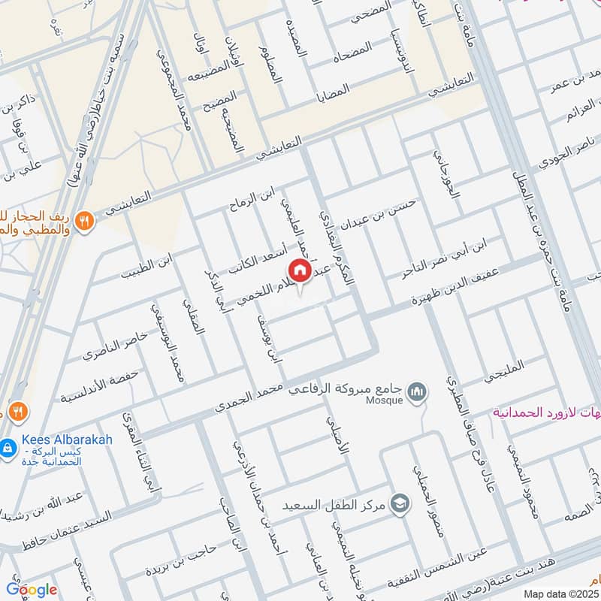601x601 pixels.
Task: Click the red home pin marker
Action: click(x=299, y=270)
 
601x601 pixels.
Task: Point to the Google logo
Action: click(x=32, y=589)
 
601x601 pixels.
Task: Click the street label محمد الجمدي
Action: click(x=248, y=398)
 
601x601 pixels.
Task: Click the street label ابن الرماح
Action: click(x=253, y=201)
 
